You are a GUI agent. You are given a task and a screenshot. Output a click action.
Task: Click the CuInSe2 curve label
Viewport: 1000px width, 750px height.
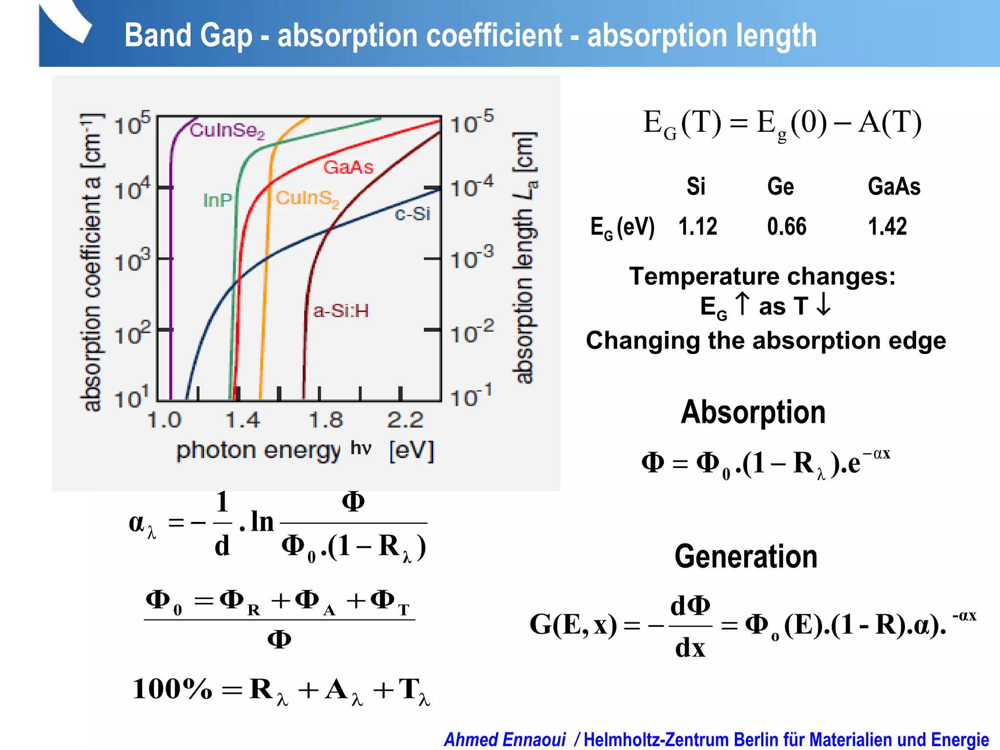(x=227, y=131)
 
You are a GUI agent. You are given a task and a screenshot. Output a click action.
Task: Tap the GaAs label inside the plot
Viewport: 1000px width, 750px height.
(x=348, y=167)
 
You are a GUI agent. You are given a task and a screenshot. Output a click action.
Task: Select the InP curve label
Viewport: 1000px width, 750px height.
(x=217, y=200)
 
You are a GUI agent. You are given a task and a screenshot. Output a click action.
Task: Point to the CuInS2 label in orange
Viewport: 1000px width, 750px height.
(x=307, y=199)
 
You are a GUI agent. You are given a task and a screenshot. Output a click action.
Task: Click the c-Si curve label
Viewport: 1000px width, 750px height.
(x=413, y=213)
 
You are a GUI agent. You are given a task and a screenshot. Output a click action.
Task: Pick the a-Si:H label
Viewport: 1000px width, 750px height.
(x=341, y=311)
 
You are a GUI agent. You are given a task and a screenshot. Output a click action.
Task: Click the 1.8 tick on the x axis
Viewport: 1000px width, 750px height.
(x=326, y=420)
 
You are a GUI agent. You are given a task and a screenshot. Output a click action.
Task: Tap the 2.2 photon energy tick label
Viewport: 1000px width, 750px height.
(x=405, y=420)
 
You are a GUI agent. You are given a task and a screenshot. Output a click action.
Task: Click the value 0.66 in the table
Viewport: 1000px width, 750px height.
(x=787, y=227)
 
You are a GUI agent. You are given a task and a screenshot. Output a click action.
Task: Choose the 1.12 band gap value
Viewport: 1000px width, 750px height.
(x=698, y=227)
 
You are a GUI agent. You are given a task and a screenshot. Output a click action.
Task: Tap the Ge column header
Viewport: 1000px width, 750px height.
(x=780, y=187)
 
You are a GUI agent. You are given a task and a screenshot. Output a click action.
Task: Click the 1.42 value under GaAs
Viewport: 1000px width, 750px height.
(x=887, y=227)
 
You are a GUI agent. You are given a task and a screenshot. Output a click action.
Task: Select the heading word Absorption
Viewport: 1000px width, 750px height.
(x=753, y=412)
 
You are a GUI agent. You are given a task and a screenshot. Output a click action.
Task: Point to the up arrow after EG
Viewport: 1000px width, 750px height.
(x=742, y=304)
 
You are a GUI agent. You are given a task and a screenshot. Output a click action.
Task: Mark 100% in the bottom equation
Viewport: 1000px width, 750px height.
(x=172, y=689)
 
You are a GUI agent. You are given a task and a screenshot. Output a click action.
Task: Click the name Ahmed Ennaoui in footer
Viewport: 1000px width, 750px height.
(x=504, y=740)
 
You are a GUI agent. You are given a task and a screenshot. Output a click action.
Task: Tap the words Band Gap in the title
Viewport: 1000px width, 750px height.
(x=188, y=35)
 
